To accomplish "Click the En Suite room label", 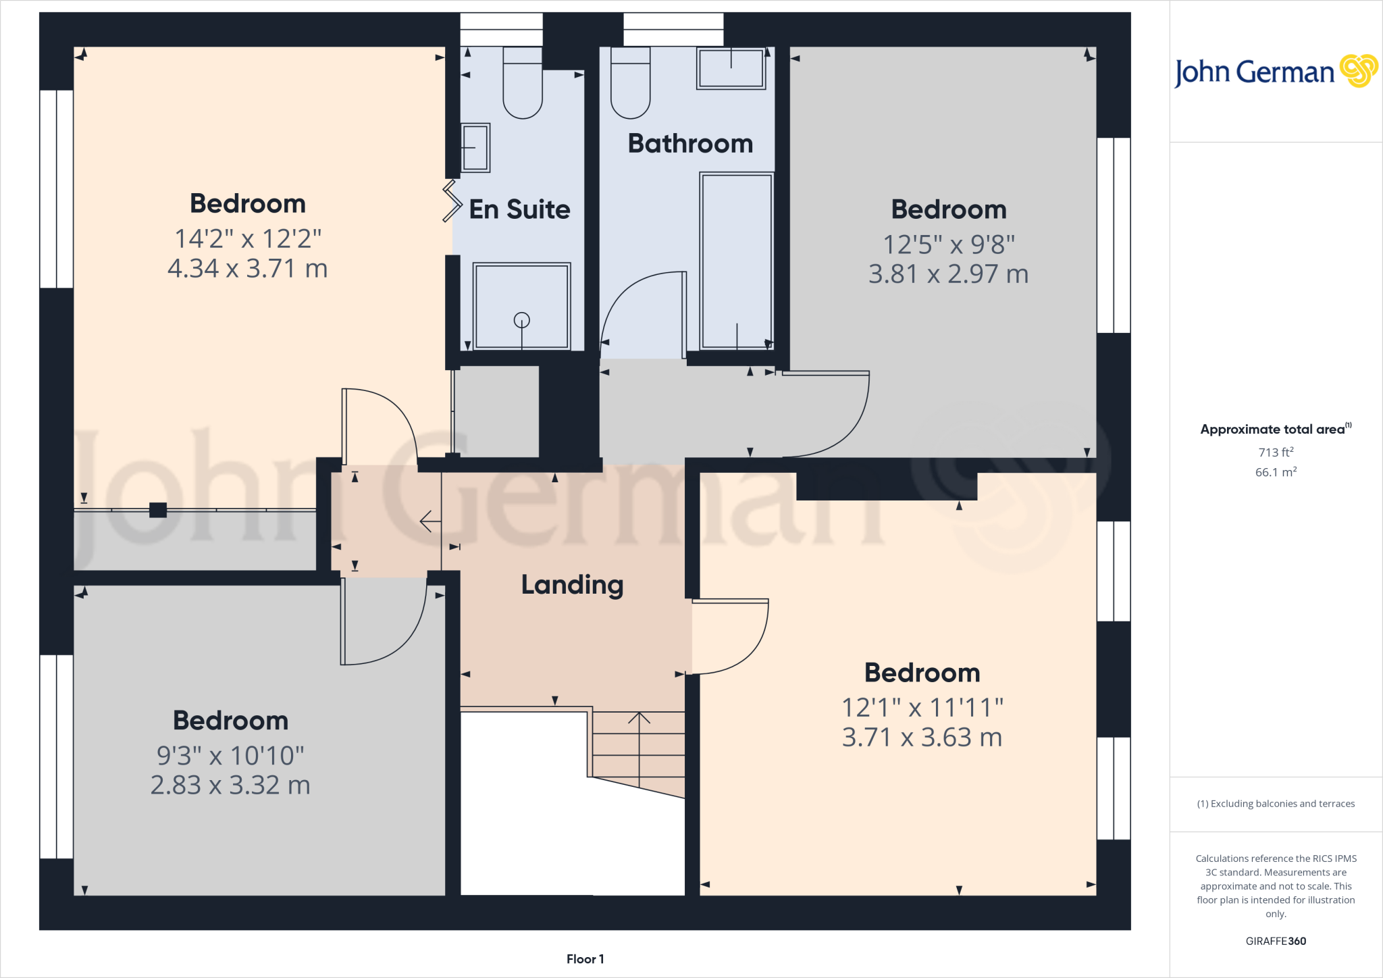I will [519, 209].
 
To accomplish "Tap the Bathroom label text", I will [690, 144].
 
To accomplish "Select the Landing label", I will [572, 585].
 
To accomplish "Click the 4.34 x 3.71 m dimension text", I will [247, 269].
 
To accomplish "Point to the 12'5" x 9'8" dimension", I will [949, 244].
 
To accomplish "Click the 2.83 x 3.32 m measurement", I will [230, 786].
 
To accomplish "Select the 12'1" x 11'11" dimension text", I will [922, 708].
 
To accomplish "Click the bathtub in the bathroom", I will [736, 261].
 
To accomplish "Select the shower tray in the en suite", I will [521, 306].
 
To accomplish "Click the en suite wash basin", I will [475, 148].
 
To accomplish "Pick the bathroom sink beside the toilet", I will [731, 68].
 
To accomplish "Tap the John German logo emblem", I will [1358, 71].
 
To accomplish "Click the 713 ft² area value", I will [1276, 452].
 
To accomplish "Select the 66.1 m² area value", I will [1276, 472].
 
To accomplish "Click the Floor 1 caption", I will [585, 959].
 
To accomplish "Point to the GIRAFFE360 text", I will [1276, 941].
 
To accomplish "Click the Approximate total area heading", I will [1274, 430].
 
